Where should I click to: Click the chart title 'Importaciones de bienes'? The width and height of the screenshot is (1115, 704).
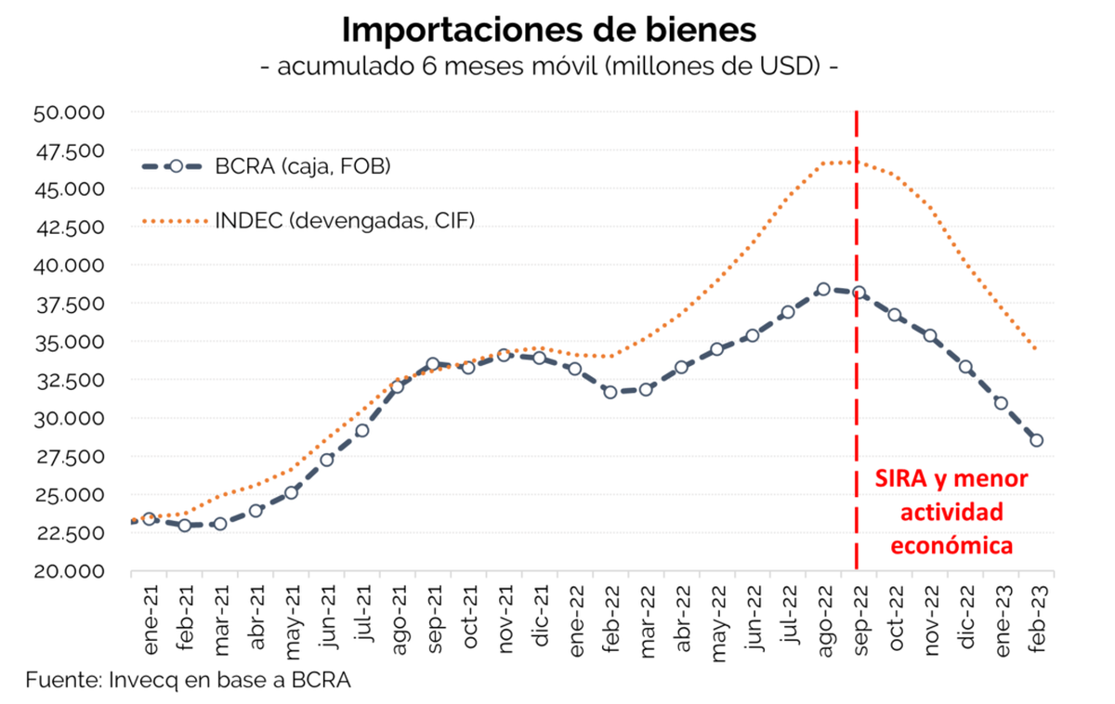[548, 30]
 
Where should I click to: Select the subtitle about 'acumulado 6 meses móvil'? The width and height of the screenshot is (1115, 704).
[548, 68]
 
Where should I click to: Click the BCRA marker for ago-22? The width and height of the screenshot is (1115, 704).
[822, 290]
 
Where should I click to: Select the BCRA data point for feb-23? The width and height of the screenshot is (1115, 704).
[1036, 440]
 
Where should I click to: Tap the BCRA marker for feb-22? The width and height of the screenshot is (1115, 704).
[610, 392]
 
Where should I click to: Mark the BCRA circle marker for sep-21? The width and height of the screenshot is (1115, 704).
[432, 364]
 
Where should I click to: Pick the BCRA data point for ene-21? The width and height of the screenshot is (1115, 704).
[149, 518]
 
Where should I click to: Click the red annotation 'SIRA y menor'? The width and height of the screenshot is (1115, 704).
[952, 479]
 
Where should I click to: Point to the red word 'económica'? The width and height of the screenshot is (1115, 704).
[952, 546]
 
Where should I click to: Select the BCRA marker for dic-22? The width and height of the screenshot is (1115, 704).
[965, 367]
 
